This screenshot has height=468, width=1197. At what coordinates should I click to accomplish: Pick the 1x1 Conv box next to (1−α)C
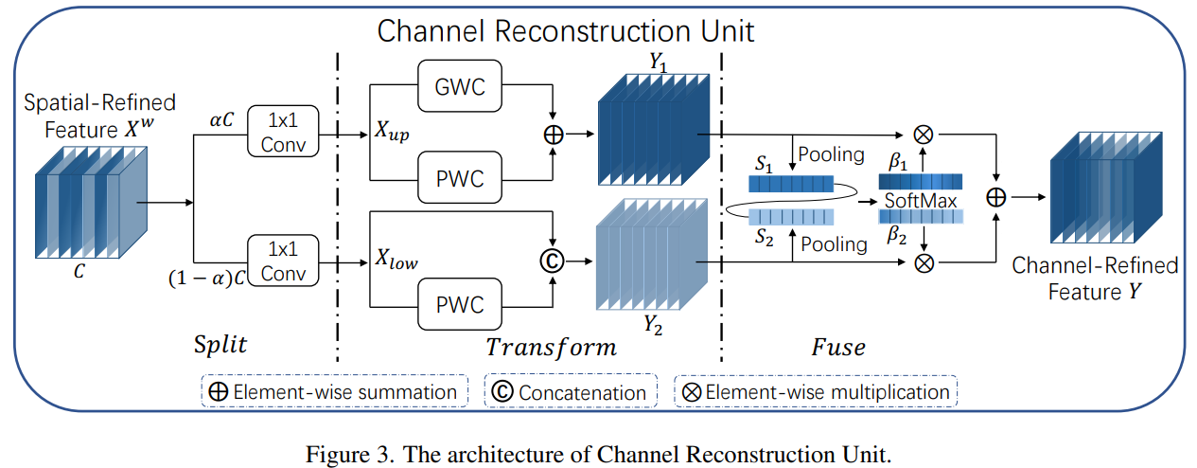283,261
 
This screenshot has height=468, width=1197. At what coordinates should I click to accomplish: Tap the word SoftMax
921,202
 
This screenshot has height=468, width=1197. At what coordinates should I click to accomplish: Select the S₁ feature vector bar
787,184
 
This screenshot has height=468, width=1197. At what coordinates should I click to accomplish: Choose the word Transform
551,347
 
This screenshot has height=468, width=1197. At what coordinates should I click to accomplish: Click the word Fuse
837,347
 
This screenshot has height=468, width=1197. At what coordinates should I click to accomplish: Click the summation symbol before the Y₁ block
553,134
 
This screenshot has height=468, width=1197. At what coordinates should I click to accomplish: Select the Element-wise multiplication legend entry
816,391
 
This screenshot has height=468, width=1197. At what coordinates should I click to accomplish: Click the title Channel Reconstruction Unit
566,30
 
